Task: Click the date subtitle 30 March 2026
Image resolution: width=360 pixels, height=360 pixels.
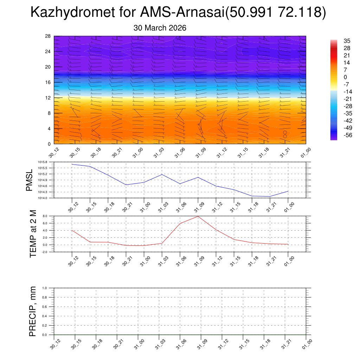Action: click(160, 28)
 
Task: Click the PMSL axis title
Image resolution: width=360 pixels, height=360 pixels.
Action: click(30, 180)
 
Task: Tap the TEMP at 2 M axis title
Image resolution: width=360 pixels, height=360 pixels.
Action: click(33, 234)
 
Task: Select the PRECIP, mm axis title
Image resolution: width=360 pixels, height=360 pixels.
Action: click(33, 311)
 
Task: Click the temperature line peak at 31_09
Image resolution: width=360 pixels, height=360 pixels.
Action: click(198, 216)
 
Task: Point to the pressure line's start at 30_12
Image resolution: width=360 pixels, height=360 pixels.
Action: click(72, 164)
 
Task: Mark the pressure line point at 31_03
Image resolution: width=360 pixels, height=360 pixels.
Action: click(162, 174)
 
